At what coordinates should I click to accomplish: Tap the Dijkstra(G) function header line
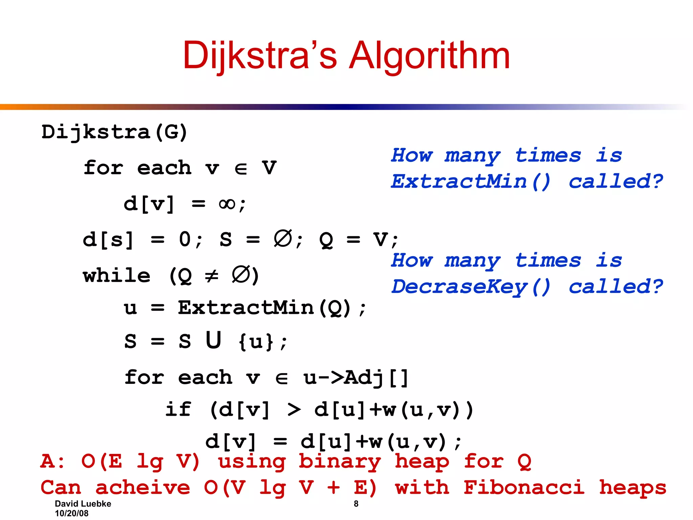114,132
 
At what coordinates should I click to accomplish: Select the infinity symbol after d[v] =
227,204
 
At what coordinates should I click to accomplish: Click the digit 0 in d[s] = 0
185,239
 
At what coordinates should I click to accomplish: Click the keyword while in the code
117,275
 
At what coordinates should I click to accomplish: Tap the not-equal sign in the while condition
212,276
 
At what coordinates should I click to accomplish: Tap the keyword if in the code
178,410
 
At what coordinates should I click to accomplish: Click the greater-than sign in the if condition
294,410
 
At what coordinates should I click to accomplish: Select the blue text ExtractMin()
471,181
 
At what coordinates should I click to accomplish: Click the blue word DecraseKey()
471,287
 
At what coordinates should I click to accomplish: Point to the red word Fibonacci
523,487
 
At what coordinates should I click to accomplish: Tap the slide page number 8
356,504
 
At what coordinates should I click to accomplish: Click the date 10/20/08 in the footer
72,514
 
